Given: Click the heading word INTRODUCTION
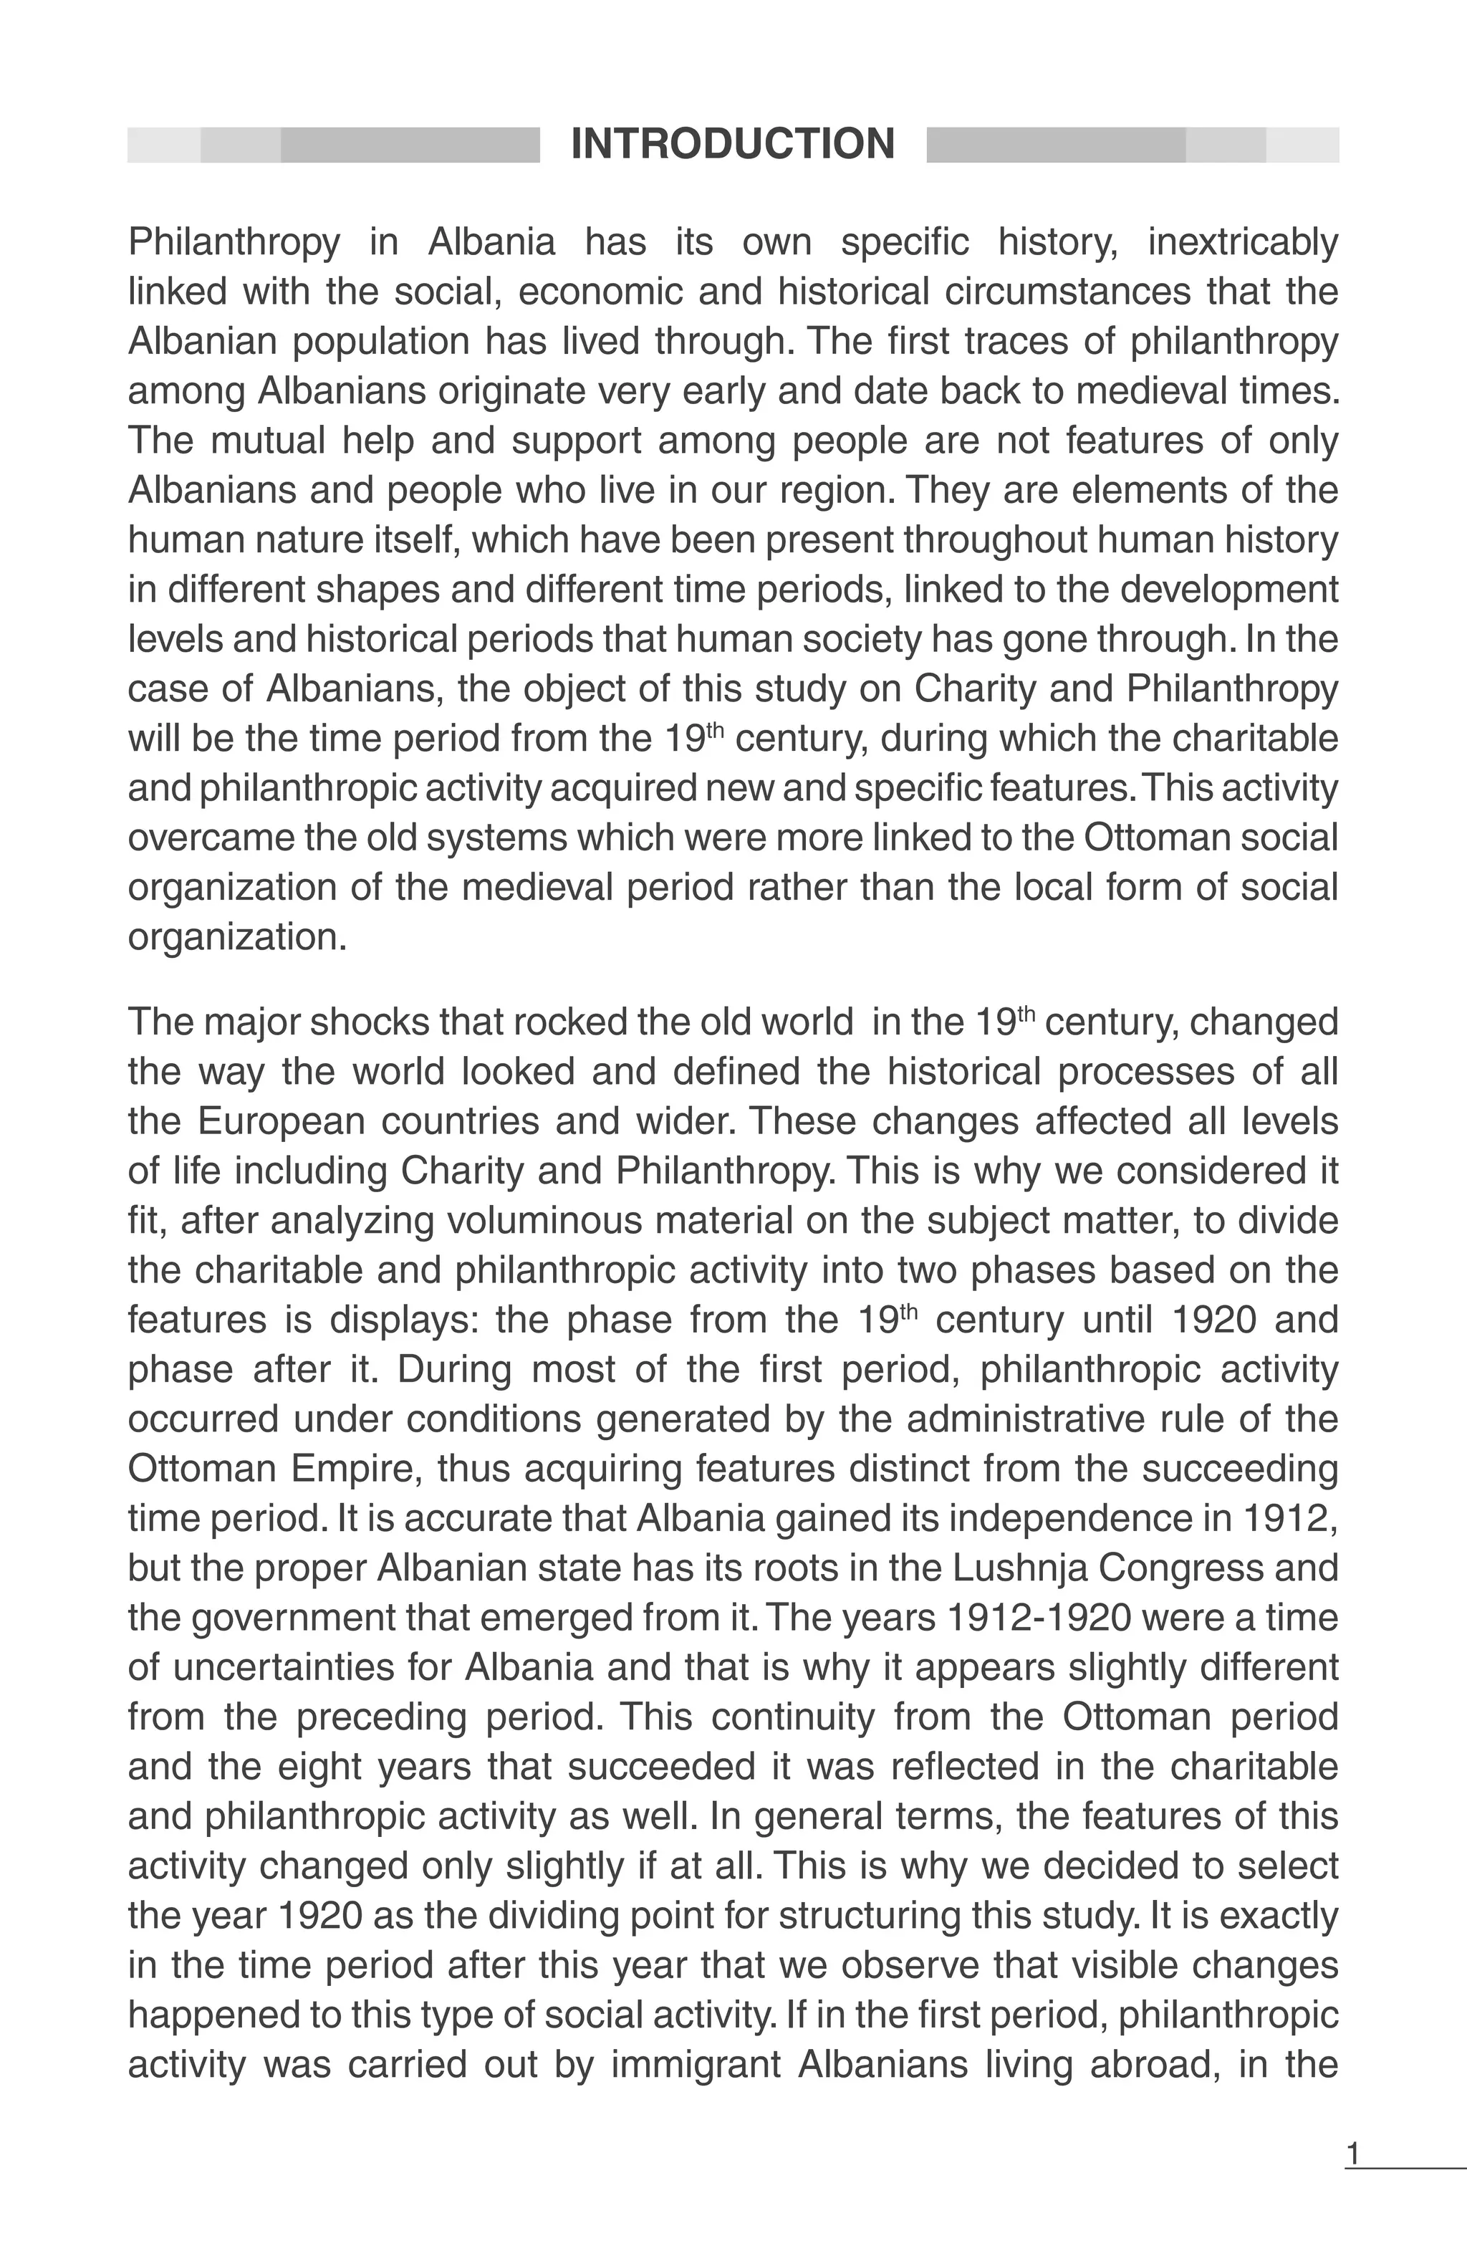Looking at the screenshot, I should tap(733, 144).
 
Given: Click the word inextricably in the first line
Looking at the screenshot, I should tap(1242, 243).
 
